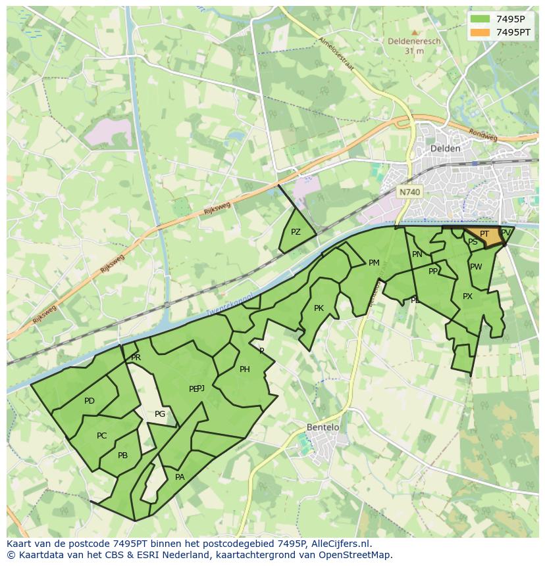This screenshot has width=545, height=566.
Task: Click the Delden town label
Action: [x=445, y=149]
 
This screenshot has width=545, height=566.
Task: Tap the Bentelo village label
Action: [x=323, y=427]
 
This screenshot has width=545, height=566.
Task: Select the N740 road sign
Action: [x=409, y=192]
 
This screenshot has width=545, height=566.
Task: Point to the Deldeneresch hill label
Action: [x=414, y=41]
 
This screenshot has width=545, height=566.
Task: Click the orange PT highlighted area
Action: [x=484, y=235]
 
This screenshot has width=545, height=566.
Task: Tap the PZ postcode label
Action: [x=296, y=232]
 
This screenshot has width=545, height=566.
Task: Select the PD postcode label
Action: [x=90, y=401]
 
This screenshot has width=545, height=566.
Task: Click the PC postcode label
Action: [x=101, y=436]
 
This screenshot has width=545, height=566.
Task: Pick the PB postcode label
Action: [x=122, y=456]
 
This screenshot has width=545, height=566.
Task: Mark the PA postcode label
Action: [x=180, y=477]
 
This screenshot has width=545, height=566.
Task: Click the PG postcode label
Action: [x=160, y=414]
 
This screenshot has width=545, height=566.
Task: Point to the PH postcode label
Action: [x=244, y=369]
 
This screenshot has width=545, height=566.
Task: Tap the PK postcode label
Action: [x=319, y=308]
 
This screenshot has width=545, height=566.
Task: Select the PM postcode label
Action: [x=374, y=263]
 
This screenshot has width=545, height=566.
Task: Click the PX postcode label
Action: [x=467, y=296]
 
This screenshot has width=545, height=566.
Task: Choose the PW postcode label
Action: [x=476, y=267]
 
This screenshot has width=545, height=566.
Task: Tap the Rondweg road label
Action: [x=483, y=133]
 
